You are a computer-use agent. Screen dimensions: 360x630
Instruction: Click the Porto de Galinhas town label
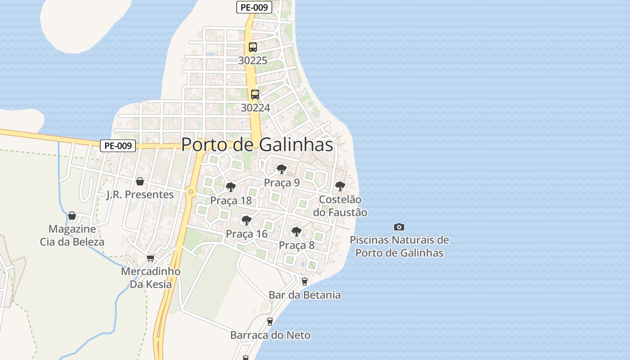point(257,145)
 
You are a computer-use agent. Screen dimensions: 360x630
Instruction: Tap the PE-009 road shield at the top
point(254,7)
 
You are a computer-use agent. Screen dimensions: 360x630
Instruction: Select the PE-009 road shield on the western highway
point(117,146)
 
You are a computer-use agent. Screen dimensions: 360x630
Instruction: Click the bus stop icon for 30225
point(253,47)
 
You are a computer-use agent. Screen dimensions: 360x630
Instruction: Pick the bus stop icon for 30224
point(255,94)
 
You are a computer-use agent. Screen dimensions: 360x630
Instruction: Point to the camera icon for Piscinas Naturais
point(399,227)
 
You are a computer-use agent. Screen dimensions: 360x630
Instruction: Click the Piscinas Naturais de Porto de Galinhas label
point(399,246)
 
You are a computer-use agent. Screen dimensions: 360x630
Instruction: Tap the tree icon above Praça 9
point(282,169)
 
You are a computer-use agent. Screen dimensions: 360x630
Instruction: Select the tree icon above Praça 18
point(231,187)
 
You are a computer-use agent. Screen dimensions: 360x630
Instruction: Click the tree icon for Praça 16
point(246,220)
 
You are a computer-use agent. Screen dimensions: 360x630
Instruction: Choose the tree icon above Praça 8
point(296,232)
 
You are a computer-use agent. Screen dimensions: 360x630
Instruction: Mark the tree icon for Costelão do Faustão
point(340,186)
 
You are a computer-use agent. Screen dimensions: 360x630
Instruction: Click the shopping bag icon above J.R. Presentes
point(140,181)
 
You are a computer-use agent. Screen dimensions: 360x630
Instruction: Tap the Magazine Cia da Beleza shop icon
point(72,216)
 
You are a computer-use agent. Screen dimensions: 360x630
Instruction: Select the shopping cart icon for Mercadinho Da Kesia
point(150,258)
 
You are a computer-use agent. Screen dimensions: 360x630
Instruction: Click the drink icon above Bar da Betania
point(305,282)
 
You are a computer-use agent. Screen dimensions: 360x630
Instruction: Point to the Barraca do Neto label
point(270,335)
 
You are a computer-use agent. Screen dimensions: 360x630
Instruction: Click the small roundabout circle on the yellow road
point(191,192)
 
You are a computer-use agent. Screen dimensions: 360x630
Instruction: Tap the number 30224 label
point(255,108)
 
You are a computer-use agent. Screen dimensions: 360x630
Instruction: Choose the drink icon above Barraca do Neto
point(270,322)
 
